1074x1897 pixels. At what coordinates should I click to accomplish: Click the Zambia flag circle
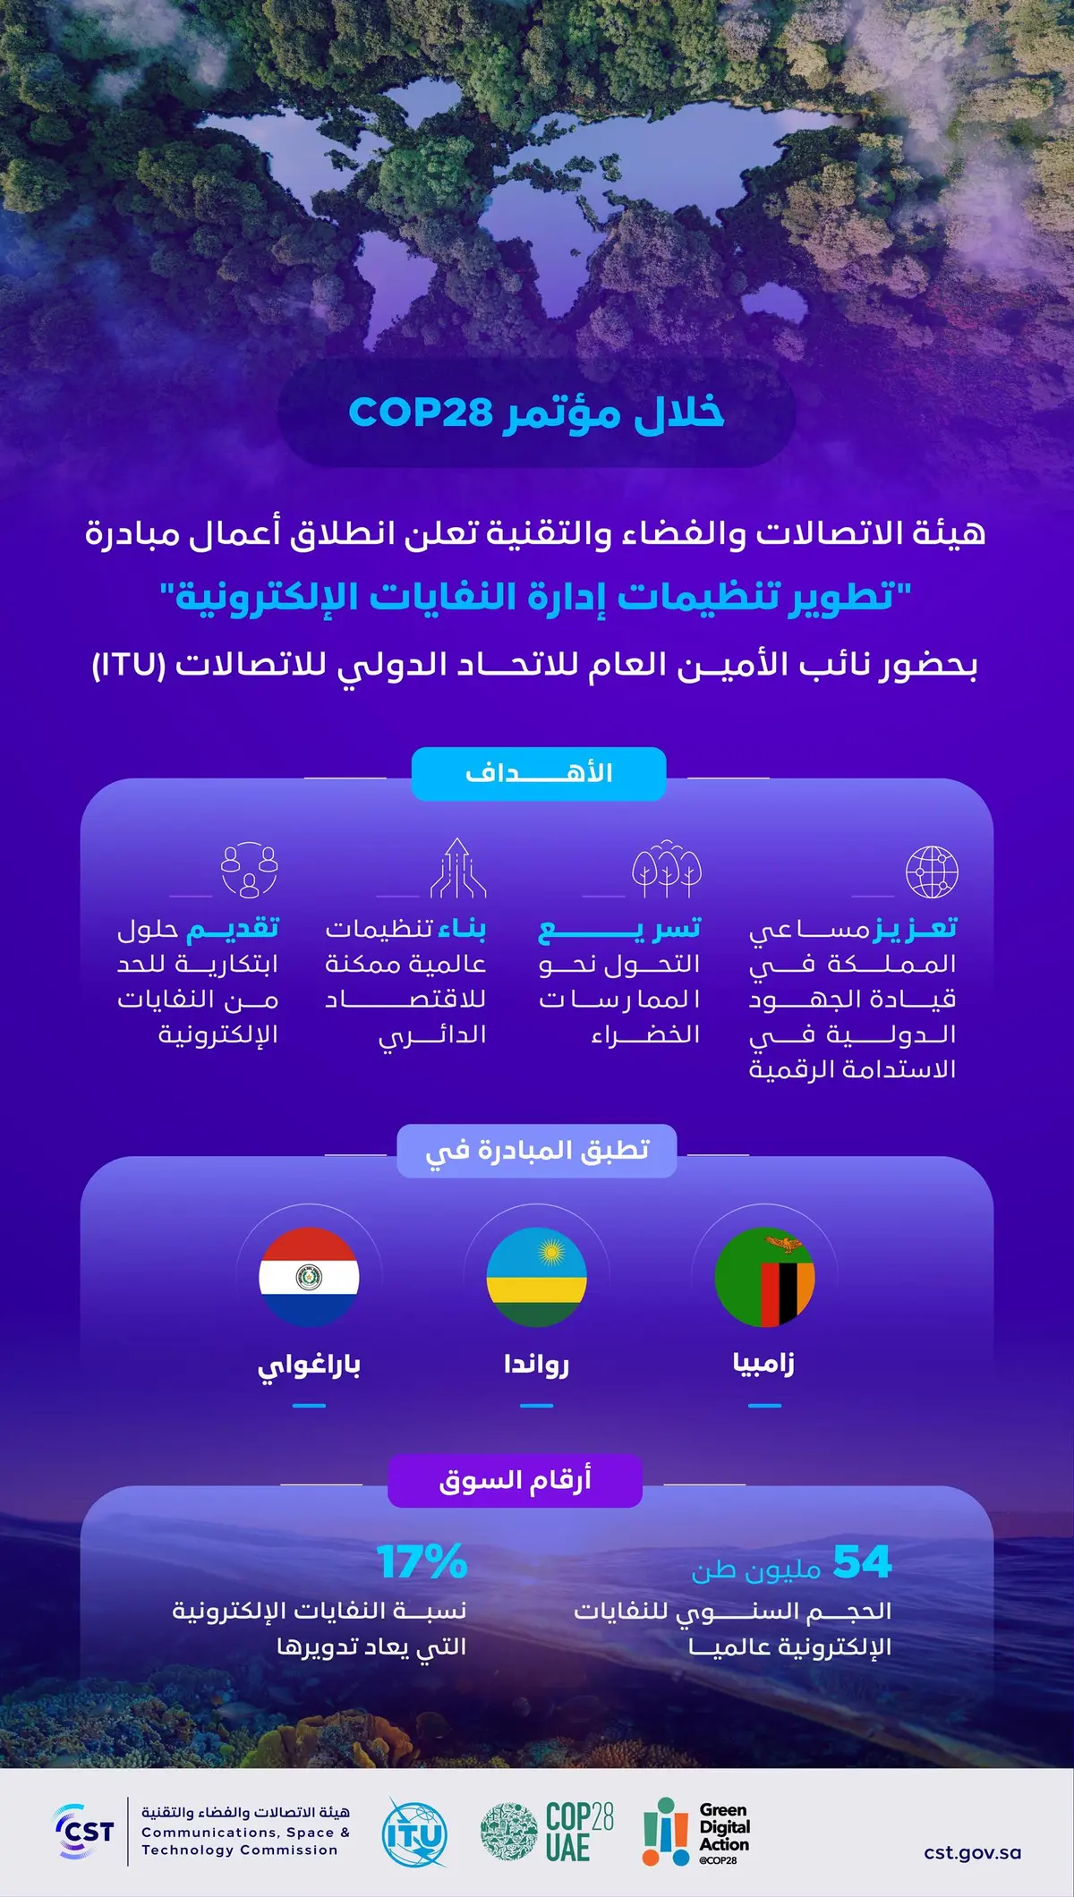tap(764, 1277)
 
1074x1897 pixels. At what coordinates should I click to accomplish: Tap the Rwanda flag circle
tap(536, 1277)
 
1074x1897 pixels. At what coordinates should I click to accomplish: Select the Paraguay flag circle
tap(309, 1277)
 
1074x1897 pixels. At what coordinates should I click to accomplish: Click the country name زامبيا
tap(763, 1363)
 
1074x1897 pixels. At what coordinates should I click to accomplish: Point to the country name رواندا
tap(536, 1364)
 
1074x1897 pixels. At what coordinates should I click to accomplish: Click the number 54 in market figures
tap(862, 1561)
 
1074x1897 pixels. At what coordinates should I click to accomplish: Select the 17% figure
tap(422, 1561)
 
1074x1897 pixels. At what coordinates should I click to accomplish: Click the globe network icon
tap(932, 872)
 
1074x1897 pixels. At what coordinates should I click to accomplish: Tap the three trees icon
tap(667, 868)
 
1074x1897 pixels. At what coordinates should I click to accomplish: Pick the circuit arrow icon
tap(458, 867)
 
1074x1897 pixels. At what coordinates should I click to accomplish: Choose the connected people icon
tap(250, 870)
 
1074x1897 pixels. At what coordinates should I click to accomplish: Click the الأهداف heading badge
tap(539, 773)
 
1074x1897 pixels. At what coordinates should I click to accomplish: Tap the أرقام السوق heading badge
tap(515, 1481)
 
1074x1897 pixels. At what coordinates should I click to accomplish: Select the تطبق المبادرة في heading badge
tap(537, 1151)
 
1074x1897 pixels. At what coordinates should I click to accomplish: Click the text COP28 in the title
tap(421, 412)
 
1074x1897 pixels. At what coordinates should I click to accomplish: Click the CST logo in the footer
tap(86, 1832)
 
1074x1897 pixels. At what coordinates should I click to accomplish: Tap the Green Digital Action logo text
tap(724, 1828)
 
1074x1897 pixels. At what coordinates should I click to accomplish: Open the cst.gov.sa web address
tap(972, 1852)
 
